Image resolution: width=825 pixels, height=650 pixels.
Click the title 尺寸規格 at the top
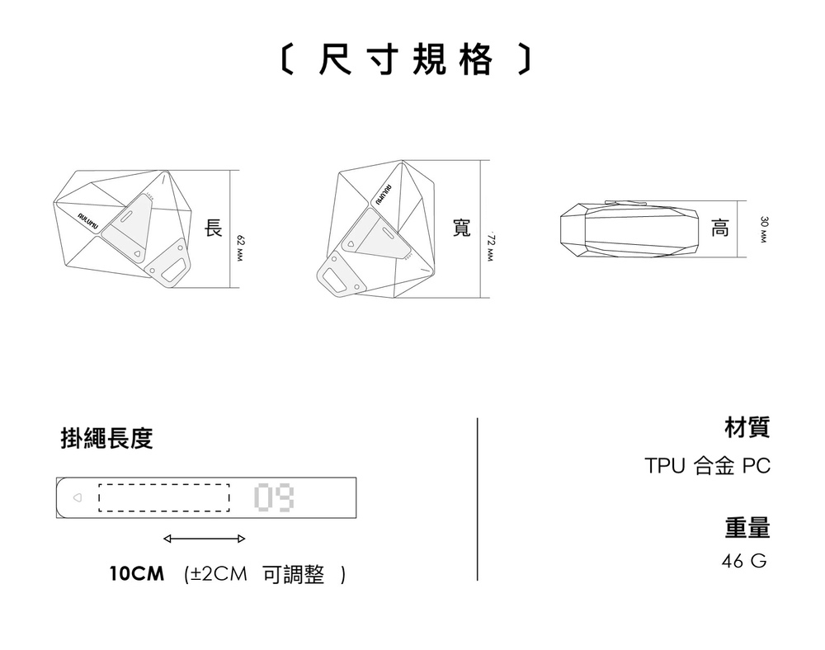(x=403, y=60)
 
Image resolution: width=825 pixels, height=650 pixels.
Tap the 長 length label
(x=214, y=228)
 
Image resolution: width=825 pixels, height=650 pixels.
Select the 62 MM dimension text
(x=241, y=247)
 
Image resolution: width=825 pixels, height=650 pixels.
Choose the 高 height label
(x=719, y=228)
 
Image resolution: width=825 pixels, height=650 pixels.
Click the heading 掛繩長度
(x=106, y=438)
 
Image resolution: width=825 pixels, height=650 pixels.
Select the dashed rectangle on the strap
(x=163, y=497)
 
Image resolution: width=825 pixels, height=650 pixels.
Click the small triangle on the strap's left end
(x=77, y=498)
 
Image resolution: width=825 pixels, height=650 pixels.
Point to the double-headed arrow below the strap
(x=204, y=539)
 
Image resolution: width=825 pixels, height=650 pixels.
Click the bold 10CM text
(x=137, y=573)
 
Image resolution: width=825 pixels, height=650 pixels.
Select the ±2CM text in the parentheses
(x=218, y=573)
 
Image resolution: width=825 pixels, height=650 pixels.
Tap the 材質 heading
(x=747, y=427)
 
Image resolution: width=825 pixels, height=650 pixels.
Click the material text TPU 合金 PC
(x=707, y=466)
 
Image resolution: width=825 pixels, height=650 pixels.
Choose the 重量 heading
(x=747, y=526)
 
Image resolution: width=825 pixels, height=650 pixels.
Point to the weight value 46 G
(x=743, y=562)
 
